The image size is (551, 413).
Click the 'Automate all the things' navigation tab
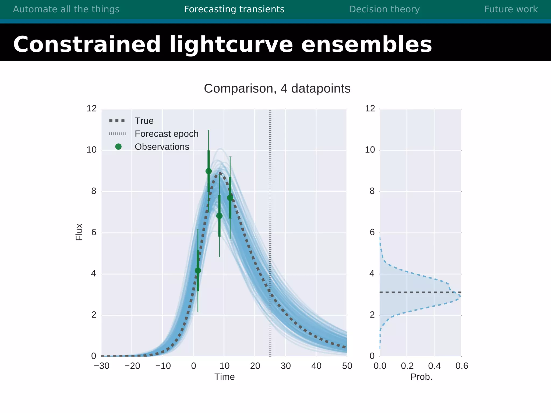point(66,9)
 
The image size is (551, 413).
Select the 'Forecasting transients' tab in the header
point(234,9)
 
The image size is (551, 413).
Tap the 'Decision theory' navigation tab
point(384,9)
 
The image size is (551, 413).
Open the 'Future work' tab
point(511,9)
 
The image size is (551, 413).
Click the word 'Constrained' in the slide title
point(87,44)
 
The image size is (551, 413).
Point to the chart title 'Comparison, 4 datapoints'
point(277,88)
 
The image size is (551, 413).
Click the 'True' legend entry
point(144,121)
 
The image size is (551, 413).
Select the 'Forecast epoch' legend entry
point(166,134)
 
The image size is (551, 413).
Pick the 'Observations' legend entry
point(162,147)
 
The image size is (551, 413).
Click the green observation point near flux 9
point(209,171)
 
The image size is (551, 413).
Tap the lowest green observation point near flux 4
point(198,270)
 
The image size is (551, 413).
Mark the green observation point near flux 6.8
point(219,216)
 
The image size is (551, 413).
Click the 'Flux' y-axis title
point(79,232)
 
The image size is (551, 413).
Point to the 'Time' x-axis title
point(224,377)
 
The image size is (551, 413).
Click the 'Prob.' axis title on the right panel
point(421,377)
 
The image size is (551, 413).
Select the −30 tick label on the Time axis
point(102,366)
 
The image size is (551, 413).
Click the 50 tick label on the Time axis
point(347,366)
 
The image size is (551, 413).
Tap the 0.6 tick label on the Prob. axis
point(462,366)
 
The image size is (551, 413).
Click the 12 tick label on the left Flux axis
point(91,109)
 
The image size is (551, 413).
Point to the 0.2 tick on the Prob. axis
point(407,366)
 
